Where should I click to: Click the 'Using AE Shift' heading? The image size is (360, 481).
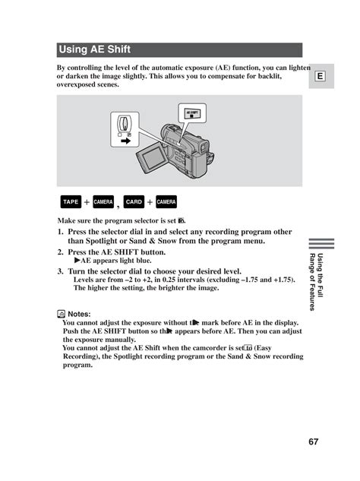pos(94,49)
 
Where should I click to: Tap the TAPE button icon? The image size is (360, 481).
pos(71,201)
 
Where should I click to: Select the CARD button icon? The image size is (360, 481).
pos(134,201)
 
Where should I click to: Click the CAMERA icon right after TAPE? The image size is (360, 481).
pos(103,201)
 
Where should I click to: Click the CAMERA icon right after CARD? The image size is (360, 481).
pos(166,201)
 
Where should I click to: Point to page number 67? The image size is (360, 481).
pos(314,441)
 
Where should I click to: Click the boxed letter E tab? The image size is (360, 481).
pos(320,76)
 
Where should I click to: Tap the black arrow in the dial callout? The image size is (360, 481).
pos(126,141)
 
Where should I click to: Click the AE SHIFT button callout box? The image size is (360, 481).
pos(192,113)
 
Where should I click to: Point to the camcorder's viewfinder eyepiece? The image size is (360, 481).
pos(204,147)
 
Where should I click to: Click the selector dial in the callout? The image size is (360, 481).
pos(125,123)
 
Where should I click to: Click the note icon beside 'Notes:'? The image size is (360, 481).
pos(61,314)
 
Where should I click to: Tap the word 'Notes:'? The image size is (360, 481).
pos(79,314)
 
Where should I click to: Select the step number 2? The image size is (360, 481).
pos(60,252)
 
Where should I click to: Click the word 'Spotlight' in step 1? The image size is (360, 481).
pos(101,241)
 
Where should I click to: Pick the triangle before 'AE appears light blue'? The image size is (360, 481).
pos(77,261)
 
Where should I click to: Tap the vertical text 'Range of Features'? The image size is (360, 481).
pos(312,282)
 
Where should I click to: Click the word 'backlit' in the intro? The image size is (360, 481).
pos(270,76)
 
